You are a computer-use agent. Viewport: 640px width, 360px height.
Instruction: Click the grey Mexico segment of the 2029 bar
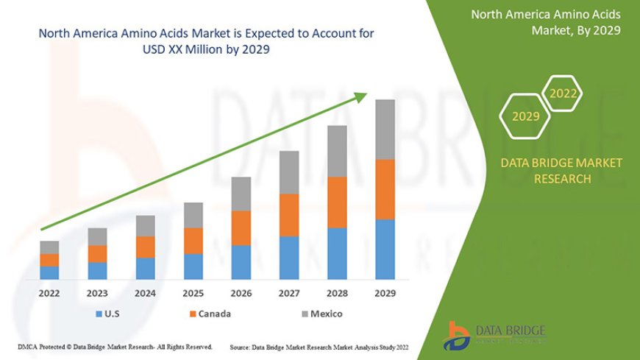tap(385, 129)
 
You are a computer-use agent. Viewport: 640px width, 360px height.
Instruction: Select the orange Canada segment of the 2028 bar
tap(337, 202)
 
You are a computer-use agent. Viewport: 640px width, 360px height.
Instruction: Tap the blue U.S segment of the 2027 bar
tap(289, 258)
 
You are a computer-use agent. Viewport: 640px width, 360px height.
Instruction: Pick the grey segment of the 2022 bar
tap(49, 247)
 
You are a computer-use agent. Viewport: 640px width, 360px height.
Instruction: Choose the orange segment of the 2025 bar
tap(193, 241)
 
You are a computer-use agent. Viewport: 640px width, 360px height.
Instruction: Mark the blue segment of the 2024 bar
tap(145, 269)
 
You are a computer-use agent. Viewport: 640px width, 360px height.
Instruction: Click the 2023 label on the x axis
tap(97, 293)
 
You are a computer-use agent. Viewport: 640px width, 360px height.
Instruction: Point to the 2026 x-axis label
tap(241, 293)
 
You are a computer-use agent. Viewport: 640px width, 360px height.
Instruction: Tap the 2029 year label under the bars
tap(385, 293)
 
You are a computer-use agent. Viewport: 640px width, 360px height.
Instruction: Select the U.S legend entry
tap(110, 314)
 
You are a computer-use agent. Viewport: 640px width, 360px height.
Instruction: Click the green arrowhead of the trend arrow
tap(360, 96)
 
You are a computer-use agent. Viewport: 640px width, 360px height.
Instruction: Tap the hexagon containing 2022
tap(563, 93)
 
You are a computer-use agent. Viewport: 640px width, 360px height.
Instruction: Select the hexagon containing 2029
tap(525, 116)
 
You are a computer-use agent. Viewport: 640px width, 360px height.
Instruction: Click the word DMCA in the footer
tap(29, 346)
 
